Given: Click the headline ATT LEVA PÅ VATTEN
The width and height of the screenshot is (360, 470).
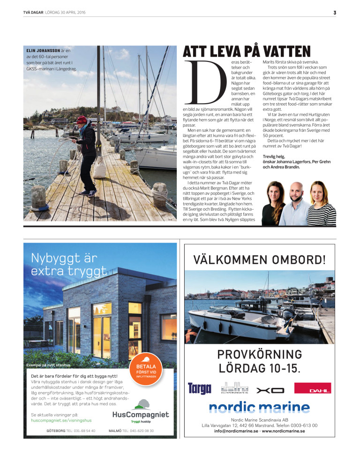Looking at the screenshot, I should coord(247,52).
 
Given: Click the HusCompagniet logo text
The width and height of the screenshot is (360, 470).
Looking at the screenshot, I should coord(141,415).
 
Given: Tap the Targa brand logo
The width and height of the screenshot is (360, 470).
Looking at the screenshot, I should coord(199,388).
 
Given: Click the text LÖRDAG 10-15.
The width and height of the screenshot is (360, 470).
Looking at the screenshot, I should coord(260,368).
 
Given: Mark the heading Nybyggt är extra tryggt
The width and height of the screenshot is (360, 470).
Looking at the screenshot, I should coord(69,264).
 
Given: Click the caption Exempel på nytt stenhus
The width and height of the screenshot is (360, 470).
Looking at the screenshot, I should coord(49,364).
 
